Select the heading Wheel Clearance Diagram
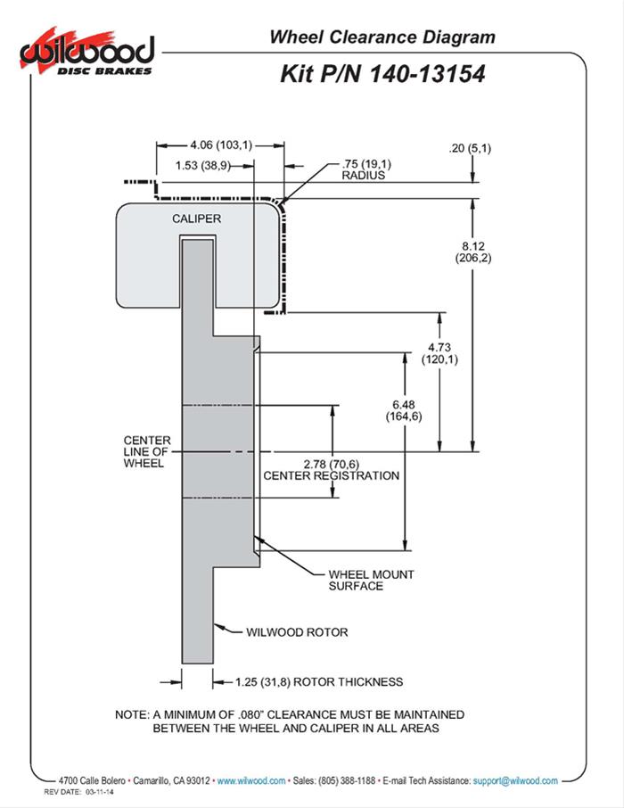click(382, 37)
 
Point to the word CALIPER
click(197, 218)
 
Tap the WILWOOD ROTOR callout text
click(296, 632)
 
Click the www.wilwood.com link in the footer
click(251, 780)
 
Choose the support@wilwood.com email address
click(515, 780)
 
